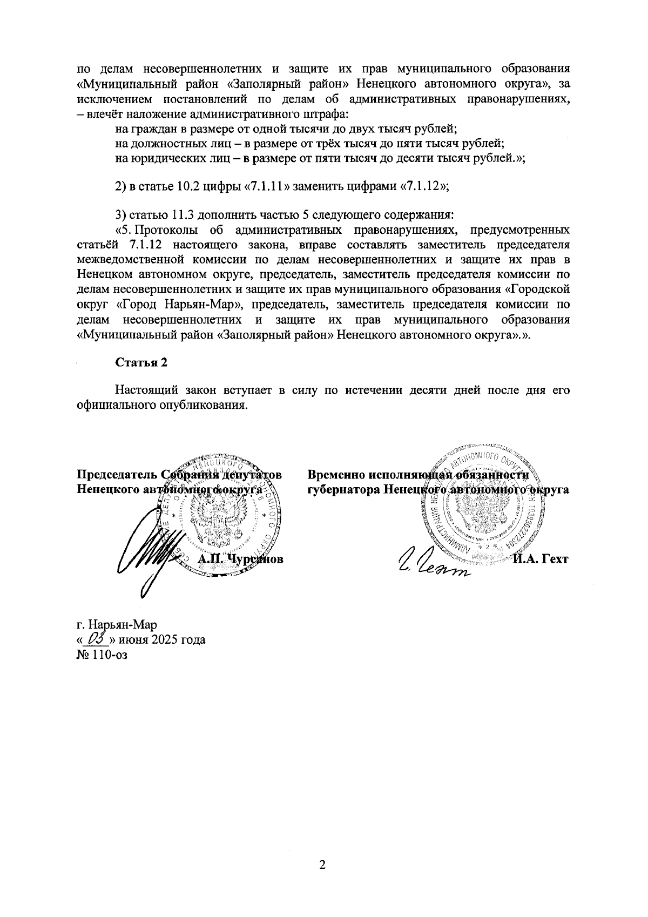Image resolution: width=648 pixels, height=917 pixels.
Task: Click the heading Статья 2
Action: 141,362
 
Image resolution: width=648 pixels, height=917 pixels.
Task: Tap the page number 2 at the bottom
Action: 323,865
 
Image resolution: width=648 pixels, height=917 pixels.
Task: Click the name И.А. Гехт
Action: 541,559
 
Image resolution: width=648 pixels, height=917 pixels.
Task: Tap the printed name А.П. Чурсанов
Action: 241,559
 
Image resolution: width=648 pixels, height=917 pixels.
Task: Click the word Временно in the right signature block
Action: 336,475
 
